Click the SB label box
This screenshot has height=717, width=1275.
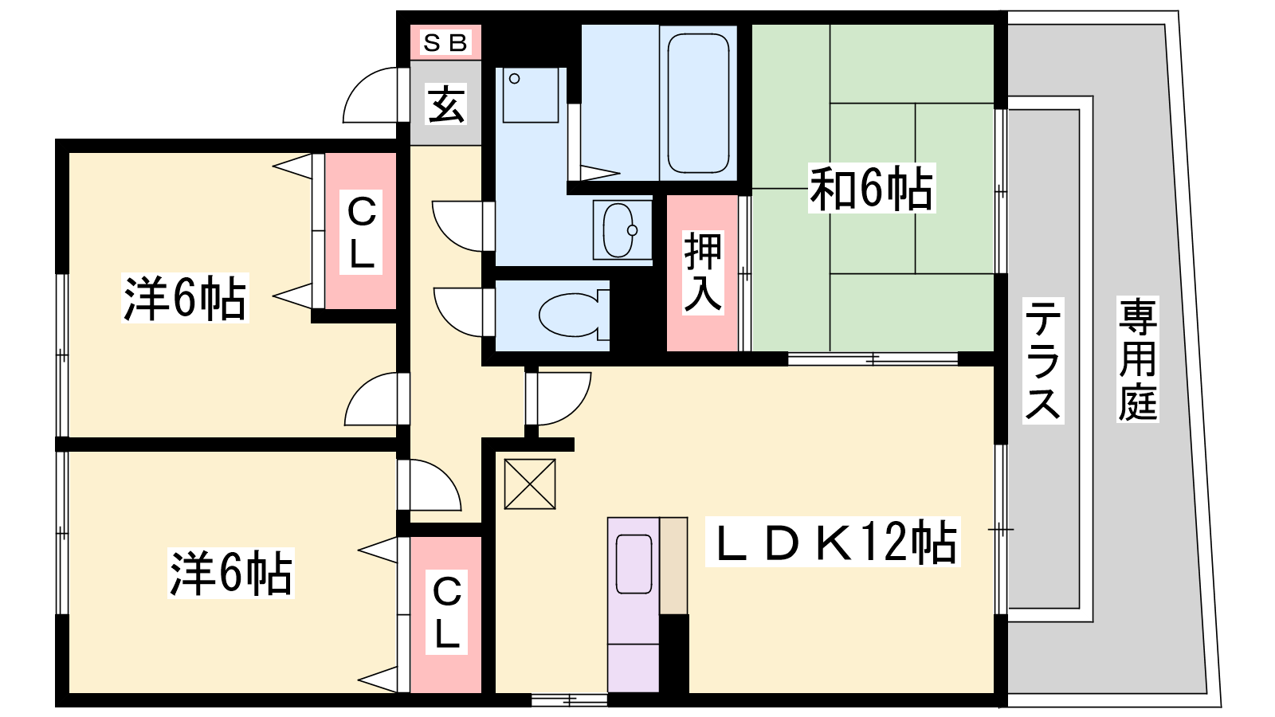pos(445,43)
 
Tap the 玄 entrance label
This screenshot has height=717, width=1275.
pos(446,104)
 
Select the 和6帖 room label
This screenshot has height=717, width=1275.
pos(872,188)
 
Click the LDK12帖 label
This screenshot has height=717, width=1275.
pos(833,542)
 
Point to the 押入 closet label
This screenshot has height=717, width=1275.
pos(703,272)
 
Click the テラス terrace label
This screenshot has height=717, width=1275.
pos(1043,361)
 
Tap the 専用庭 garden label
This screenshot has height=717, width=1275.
pos(1137,359)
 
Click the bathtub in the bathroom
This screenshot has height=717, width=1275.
pos(698,103)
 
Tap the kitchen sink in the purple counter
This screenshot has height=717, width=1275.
pos(634,564)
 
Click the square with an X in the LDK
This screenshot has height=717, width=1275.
pos(530,484)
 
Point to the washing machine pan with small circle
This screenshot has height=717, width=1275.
pos(531,96)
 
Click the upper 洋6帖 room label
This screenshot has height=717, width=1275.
pos(185,298)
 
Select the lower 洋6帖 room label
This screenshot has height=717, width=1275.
pos(230,573)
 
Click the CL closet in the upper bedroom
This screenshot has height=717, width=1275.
pos(361,232)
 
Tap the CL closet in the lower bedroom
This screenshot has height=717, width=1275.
pos(446,613)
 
